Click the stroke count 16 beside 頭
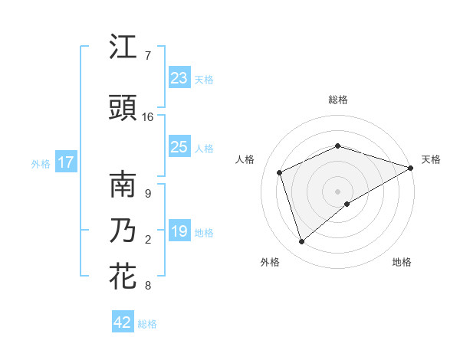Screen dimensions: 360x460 pos(148,117)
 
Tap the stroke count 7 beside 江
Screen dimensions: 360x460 pos(148,56)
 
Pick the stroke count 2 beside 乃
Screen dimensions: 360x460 pos(148,240)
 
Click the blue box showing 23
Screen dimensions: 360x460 pos(179,78)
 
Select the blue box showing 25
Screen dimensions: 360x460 pos(179,147)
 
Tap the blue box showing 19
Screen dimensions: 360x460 pos(179,231)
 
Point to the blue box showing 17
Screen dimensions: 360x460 pos(65,162)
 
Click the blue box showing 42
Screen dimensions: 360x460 pos(123,322)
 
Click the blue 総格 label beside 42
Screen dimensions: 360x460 pos(148,324)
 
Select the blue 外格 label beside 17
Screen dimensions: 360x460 pos(41,164)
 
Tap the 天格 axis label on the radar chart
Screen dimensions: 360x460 pos(431,159)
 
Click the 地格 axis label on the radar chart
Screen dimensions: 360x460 pos(402,262)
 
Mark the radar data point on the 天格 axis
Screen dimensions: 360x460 pos(411,168)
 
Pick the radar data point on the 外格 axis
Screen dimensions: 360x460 pos(301,242)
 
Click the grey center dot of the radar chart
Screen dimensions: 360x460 pos(338,191)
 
